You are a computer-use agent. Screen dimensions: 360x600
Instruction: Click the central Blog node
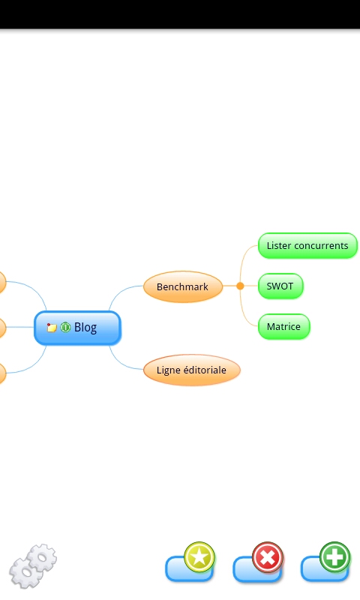tap(78, 328)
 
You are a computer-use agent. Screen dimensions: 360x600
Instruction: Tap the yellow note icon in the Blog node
tap(52, 328)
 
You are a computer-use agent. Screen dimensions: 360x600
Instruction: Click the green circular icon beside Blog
tap(65, 327)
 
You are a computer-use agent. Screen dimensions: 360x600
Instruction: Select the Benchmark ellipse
tap(183, 286)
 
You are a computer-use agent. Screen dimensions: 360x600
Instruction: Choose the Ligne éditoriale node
tap(192, 370)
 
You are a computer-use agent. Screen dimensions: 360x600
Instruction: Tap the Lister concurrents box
tap(307, 246)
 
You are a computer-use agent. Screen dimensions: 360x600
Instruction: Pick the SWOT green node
tap(280, 286)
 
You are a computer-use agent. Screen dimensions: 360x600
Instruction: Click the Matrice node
tap(283, 327)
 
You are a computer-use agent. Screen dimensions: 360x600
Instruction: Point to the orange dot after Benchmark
tap(240, 286)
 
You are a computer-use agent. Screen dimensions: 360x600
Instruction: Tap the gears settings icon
tap(33, 565)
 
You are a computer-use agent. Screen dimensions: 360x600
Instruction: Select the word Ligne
tap(168, 370)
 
